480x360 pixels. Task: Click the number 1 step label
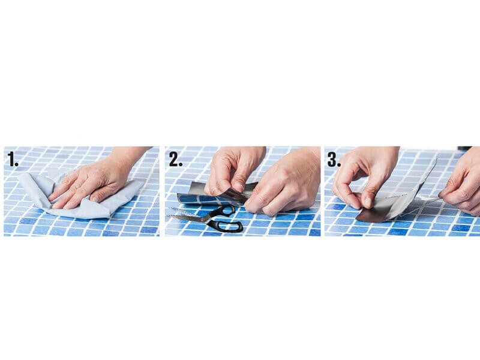[x=13, y=159]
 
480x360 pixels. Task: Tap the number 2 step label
[x=176, y=159]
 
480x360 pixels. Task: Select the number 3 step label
[x=334, y=159]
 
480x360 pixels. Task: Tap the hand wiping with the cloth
[x=98, y=181]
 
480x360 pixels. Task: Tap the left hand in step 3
[x=364, y=176]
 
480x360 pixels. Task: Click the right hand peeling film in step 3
[x=462, y=184]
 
